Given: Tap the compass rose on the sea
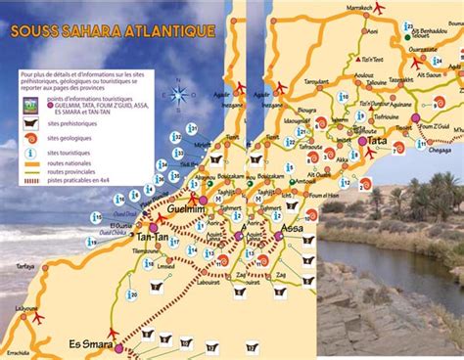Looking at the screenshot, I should (181, 96).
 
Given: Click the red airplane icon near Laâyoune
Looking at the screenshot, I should (39, 317).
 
